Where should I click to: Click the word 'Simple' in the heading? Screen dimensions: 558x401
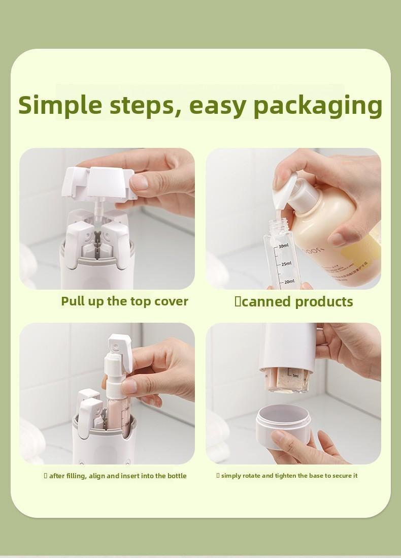pos(60,105)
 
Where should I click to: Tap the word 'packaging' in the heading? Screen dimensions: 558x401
pos(318,106)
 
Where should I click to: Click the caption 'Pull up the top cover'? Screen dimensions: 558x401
pos(124,301)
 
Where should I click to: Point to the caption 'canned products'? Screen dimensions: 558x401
pos(294,301)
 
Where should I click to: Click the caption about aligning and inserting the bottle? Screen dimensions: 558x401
pos(115,476)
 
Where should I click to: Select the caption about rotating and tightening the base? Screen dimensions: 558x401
pos(287,476)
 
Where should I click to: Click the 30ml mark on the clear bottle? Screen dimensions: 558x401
pos(283,246)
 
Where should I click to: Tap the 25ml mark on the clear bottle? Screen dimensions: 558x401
pos(286,264)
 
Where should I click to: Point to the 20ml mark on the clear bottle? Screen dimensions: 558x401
pos(288,282)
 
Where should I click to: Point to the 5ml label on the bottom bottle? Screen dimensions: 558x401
pos(295,376)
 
